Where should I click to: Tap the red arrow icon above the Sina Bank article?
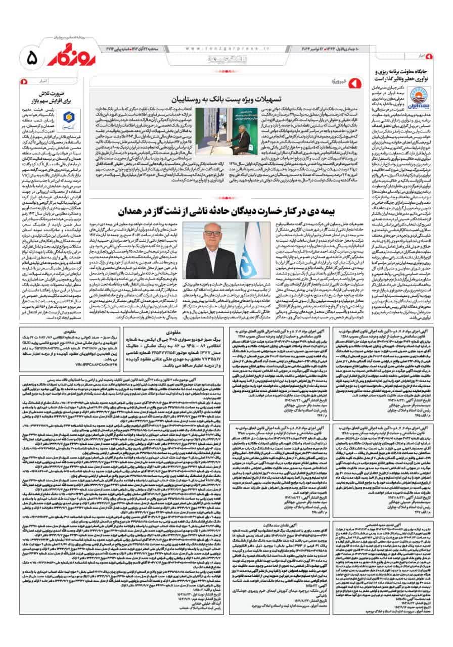23,81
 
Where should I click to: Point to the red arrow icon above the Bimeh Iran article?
429,55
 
